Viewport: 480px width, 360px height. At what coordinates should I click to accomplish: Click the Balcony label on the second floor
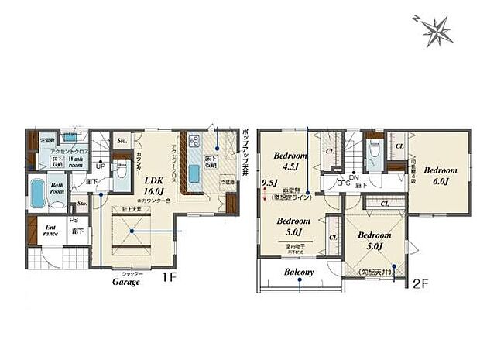pos(299,273)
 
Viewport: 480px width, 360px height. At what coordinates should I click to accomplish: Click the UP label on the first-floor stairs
pos(101,164)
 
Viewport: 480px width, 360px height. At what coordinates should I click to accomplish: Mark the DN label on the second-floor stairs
pos(354,177)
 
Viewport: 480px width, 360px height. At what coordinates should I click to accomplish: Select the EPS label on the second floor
pos(342,183)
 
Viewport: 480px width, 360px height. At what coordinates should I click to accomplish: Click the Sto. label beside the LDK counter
pos(122,142)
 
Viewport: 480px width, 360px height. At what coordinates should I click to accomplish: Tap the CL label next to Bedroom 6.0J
pos(399,145)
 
